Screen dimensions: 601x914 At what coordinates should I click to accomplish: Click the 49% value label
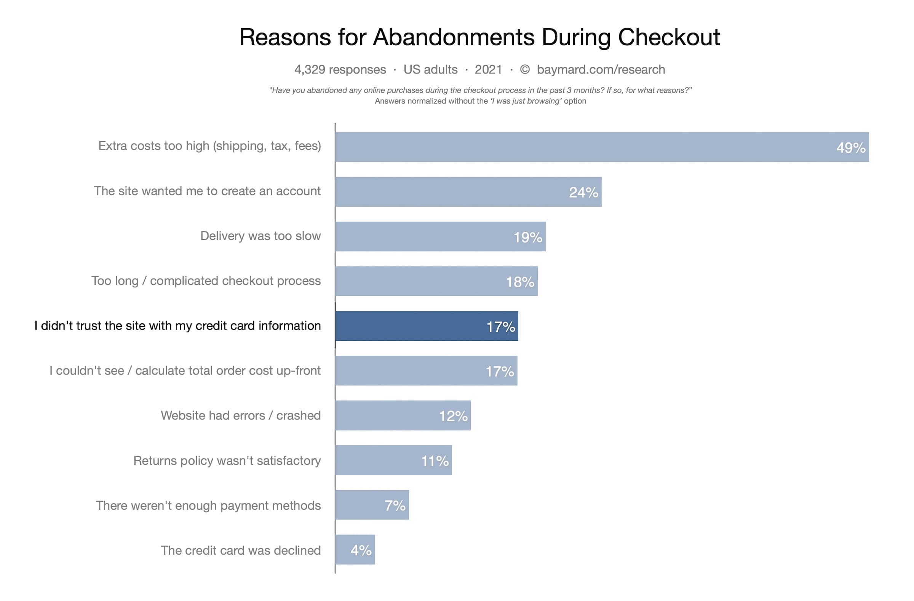(x=850, y=148)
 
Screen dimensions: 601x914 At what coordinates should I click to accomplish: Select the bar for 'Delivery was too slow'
(x=440, y=236)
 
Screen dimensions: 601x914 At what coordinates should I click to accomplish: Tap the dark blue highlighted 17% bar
(x=426, y=326)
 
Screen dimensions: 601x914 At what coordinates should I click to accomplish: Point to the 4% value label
(x=361, y=550)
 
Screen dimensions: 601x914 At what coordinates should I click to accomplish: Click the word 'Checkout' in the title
(x=668, y=37)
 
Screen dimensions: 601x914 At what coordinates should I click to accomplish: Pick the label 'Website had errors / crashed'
(x=240, y=415)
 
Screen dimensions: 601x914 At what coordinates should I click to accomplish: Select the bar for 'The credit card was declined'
(x=355, y=550)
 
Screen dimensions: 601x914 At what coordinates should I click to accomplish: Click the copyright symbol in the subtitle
(x=524, y=70)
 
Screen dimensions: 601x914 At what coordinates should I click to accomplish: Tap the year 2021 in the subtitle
(x=488, y=70)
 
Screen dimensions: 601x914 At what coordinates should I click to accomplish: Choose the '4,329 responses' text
(x=340, y=70)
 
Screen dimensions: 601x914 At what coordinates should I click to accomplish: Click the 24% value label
(x=583, y=192)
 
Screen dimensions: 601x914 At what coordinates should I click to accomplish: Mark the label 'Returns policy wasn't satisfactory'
(x=227, y=460)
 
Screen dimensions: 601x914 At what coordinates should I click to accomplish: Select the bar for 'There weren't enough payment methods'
(x=372, y=505)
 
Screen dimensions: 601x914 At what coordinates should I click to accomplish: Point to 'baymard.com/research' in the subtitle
(x=601, y=70)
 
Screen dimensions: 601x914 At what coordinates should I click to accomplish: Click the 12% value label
(x=453, y=416)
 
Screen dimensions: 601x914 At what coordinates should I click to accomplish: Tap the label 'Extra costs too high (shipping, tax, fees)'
(x=209, y=146)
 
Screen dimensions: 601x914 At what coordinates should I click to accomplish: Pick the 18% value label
(x=519, y=282)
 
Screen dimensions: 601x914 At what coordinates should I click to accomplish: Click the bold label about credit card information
(x=177, y=325)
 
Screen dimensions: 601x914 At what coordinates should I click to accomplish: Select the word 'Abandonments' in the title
(x=454, y=37)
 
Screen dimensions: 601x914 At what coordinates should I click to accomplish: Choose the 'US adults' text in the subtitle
(x=430, y=70)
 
